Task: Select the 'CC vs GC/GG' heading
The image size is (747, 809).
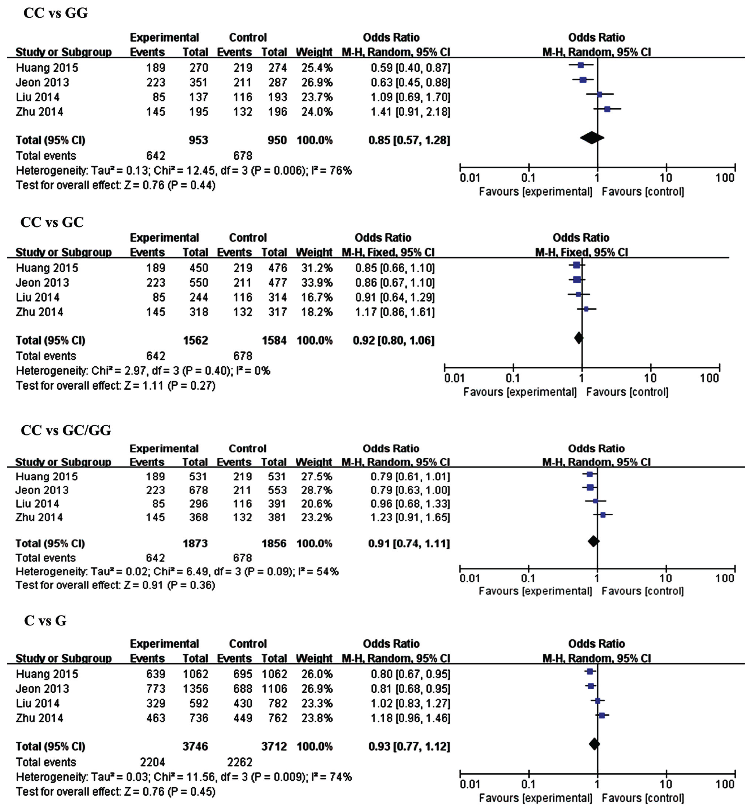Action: pyautogui.click(x=66, y=430)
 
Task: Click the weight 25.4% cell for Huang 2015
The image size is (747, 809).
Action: pyautogui.click(x=317, y=67)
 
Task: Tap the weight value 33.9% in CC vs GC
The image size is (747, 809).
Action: pyautogui.click(x=317, y=282)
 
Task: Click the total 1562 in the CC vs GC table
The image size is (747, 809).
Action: pyautogui.click(x=195, y=340)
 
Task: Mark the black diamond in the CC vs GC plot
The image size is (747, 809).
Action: pyautogui.click(x=578, y=338)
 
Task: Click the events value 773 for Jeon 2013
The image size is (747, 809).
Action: pyautogui.click(x=156, y=689)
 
